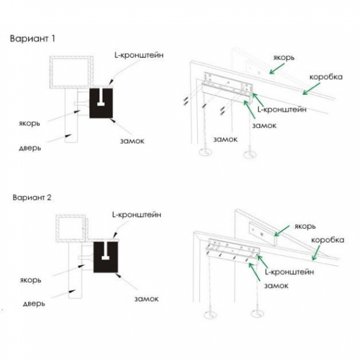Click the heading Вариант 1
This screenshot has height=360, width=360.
click(32, 39)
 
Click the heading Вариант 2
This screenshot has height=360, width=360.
click(32, 197)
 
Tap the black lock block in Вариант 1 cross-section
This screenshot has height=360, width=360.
click(101, 103)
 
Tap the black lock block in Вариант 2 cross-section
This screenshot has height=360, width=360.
click(106, 257)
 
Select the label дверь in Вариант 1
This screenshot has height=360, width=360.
click(30, 148)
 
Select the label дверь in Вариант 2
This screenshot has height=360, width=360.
click(34, 304)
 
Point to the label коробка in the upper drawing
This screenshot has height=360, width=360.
click(326, 76)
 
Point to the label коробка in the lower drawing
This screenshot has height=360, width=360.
click(328, 240)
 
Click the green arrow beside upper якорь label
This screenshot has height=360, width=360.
click(277, 68)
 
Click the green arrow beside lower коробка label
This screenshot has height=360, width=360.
click(316, 253)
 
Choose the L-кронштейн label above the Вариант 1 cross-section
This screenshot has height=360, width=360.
click(139, 55)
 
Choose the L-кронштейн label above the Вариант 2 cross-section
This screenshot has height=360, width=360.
click(137, 215)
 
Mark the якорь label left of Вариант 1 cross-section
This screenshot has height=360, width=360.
click(29, 123)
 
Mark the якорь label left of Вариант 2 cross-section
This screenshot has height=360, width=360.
click(31, 280)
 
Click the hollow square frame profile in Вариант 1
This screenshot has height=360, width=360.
click(72, 57)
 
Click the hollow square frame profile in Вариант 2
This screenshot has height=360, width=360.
click(71, 216)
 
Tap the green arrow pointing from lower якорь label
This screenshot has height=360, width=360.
click(282, 231)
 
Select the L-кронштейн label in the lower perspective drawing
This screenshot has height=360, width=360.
click(289, 272)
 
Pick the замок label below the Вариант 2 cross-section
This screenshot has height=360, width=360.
click(146, 299)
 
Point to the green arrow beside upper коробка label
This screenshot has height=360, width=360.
click(311, 89)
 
